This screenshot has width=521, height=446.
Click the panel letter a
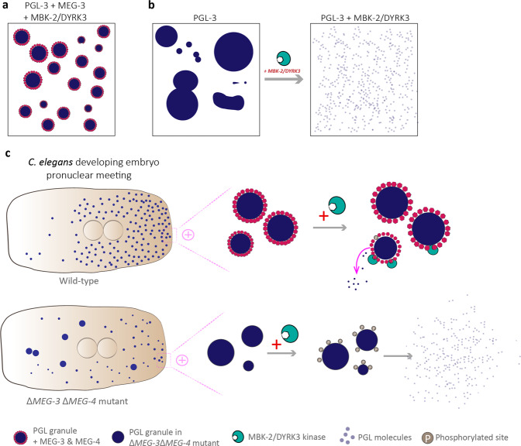click(7, 5)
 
